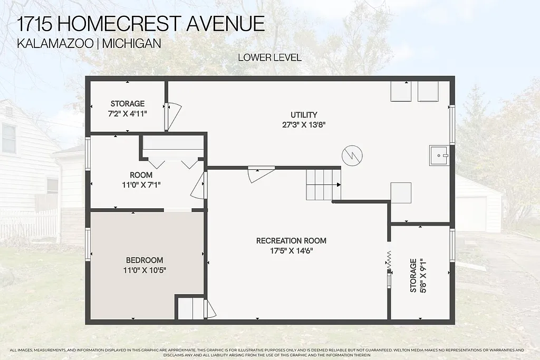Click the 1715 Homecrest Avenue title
point(141,23)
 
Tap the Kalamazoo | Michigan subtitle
point(89,43)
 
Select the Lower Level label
point(269,57)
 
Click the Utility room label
point(304,115)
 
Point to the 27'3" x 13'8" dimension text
point(304,125)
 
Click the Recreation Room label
point(291,241)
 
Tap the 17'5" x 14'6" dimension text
point(291,251)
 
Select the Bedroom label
point(144,260)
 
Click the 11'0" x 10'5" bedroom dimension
point(144,270)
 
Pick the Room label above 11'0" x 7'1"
point(141,175)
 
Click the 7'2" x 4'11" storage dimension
point(127,113)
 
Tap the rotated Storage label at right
point(413,275)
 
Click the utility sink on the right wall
point(439,155)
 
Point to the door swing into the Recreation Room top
point(260,173)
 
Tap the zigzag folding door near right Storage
point(389,261)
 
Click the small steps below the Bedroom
point(190,309)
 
